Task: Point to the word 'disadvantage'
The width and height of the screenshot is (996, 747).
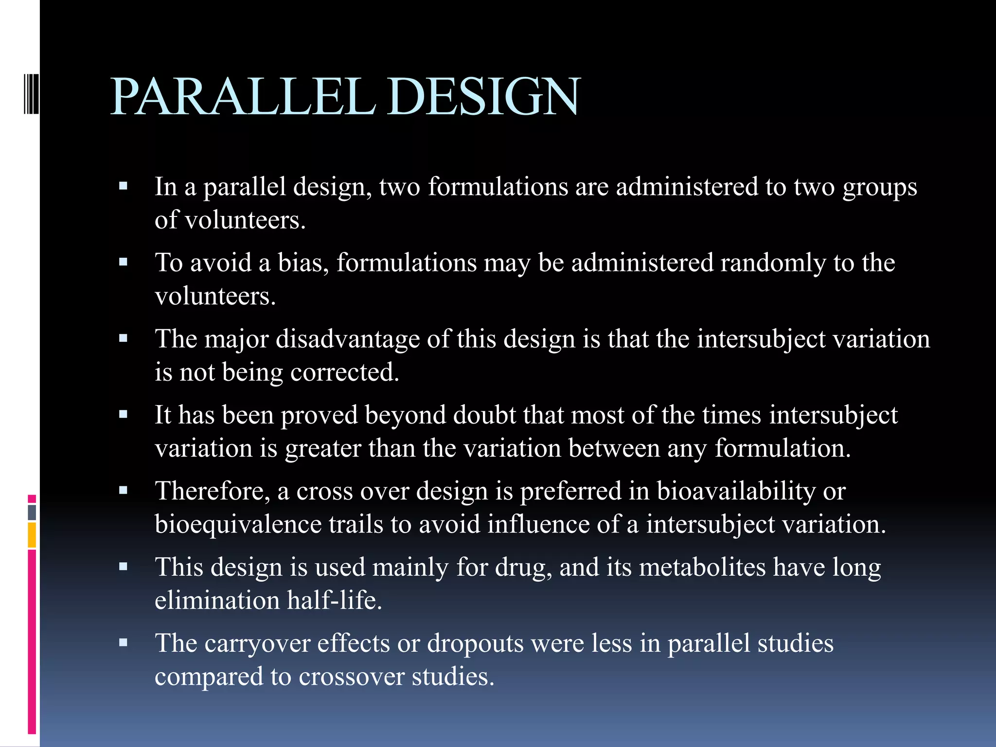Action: click(348, 339)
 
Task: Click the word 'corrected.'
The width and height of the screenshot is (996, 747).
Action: click(345, 373)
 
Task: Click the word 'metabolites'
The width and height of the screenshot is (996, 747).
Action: click(702, 568)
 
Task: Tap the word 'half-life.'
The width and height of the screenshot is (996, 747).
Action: click(335, 601)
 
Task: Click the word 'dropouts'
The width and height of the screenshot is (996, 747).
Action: click(475, 644)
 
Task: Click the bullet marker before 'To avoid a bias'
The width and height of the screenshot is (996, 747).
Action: click(123, 263)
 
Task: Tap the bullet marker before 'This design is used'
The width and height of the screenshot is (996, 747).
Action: click(123, 567)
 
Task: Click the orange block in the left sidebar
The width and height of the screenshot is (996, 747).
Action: click(32, 535)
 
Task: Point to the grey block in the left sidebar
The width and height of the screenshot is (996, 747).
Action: click(32, 512)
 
